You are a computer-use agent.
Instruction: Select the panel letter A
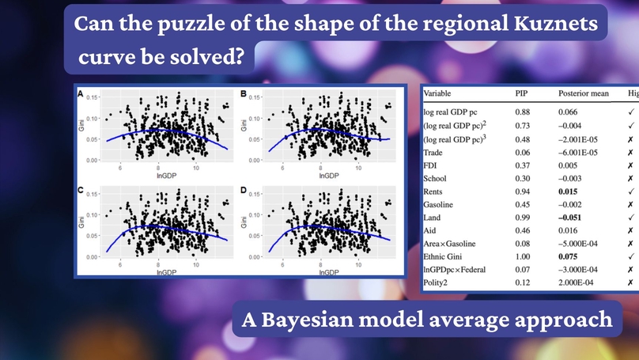80,93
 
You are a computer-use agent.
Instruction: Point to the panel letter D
244,191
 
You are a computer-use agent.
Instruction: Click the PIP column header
523,93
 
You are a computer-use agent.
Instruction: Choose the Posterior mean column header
584,93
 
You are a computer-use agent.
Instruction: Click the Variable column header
444,93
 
